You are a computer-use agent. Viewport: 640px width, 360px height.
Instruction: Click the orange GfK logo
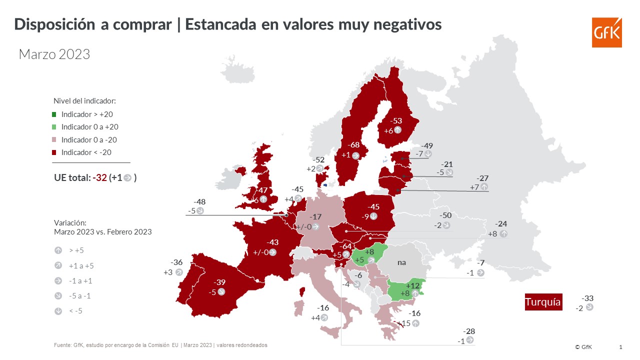tap(607, 32)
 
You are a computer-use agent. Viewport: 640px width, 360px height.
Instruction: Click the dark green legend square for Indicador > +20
tap(54, 114)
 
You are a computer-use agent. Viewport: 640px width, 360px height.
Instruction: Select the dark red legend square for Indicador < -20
tap(54, 152)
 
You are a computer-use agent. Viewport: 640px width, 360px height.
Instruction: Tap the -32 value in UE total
tap(99, 177)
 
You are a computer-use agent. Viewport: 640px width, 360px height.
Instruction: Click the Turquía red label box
tap(543, 302)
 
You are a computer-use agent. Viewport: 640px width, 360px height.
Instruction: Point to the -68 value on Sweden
tap(353, 145)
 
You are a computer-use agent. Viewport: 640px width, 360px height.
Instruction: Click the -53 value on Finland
tap(396, 121)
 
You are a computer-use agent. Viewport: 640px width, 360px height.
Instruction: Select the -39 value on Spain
tap(219, 282)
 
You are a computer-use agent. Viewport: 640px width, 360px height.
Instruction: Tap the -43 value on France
tap(272, 242)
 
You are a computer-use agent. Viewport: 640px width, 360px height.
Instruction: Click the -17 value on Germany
tap(315, 217)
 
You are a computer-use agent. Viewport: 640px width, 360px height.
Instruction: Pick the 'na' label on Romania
tap(401, 262)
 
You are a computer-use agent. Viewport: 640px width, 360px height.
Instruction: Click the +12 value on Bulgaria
tap(412, 285)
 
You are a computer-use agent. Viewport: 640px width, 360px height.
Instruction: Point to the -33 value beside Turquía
tap(587, 298)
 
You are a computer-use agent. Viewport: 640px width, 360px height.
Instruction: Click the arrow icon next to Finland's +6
tap(397, 130)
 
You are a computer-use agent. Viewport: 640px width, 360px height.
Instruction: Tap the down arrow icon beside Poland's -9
tap(373, 216)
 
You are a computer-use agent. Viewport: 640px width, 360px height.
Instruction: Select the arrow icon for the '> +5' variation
tap(58, 250)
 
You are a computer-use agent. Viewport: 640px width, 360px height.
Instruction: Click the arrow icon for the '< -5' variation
tap(58, 311)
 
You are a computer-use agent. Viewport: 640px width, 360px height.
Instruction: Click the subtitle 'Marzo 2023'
tap(54, 54)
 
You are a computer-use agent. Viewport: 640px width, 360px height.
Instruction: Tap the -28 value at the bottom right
tap(469, 331)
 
